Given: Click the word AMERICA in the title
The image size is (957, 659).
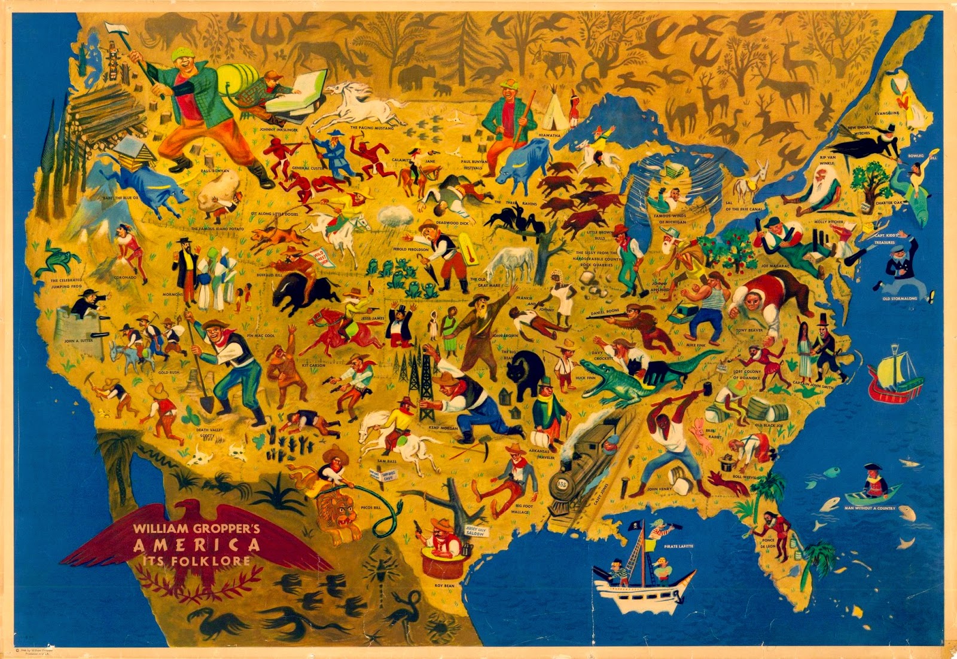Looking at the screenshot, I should [197, 545].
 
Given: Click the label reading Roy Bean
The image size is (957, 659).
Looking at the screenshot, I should [444, 586].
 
